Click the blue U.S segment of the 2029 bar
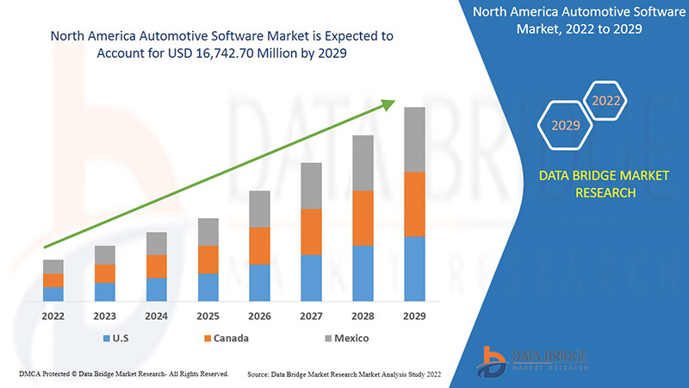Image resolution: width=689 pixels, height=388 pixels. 414,268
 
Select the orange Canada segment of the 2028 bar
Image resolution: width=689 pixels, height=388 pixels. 363,218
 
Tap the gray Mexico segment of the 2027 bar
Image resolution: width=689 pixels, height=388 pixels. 311,185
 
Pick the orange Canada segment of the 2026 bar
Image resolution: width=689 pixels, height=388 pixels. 259,246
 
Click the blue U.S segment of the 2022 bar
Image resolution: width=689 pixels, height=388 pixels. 53,293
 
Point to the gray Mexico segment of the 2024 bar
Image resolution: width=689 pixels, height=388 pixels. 156,243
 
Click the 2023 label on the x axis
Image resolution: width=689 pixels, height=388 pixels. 105,316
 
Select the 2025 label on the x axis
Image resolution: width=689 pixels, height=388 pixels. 208,316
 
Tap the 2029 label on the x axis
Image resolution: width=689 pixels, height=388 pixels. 414,316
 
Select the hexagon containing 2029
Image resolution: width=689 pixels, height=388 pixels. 566,125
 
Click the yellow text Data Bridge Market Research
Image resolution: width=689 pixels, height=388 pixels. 587,184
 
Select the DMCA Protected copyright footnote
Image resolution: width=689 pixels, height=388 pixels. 122,374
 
